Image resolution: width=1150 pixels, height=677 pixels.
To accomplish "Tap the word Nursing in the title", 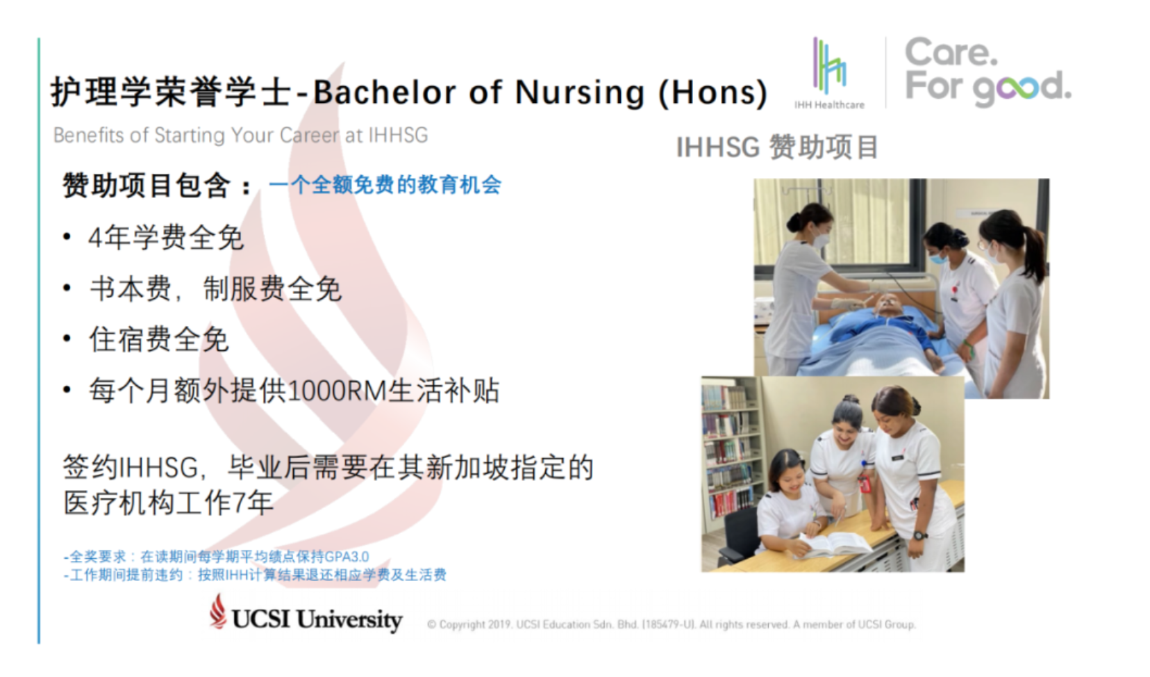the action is (580, 92).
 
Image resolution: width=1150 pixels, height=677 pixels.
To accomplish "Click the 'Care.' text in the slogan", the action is (951, 52).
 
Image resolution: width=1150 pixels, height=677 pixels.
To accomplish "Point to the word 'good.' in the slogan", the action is (1022, 88).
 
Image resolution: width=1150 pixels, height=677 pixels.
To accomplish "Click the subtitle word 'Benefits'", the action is (89, 136).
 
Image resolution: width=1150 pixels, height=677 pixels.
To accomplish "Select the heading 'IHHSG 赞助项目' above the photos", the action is (777, 147).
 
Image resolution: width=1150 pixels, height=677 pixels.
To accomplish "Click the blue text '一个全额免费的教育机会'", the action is (385, 185).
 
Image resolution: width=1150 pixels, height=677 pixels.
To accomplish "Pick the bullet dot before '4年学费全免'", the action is (67, 237).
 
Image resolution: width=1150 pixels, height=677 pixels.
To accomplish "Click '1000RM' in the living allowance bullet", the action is (337, 391).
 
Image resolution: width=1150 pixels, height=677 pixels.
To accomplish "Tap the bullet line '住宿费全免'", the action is (158, 339).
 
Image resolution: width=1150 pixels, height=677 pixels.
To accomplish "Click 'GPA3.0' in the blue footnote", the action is (347, 557).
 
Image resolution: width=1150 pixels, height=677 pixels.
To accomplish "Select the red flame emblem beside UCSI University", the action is (217, 611).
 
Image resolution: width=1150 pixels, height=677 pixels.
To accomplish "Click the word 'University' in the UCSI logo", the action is (349, 619).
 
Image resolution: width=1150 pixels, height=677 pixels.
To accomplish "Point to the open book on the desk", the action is (834, 544).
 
